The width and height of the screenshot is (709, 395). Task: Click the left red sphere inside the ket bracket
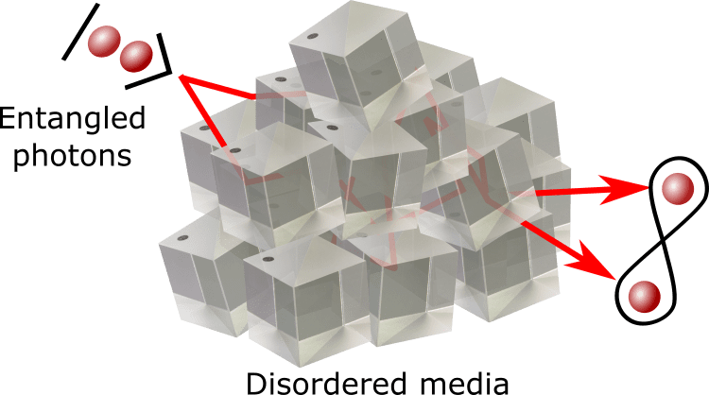[104, 42]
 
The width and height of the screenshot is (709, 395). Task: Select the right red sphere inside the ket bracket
[136, 56]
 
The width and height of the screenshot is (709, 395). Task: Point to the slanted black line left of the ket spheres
[80, 31]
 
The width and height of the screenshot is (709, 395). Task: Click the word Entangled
[73, 119]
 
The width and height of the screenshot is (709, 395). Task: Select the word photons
[73, 156]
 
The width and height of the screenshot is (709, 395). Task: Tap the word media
[465, 383]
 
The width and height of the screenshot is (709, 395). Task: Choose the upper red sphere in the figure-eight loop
[677, 188]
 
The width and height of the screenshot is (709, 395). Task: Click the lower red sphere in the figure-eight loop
[645, 297]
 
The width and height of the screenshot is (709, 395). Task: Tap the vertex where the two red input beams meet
[181, 77]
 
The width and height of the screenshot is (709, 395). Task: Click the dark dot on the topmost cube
[311, 37]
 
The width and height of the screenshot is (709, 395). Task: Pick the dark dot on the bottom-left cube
[182, 238]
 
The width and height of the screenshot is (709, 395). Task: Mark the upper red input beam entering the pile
[218, 87]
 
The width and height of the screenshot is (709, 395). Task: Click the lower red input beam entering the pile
[203, 112]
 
